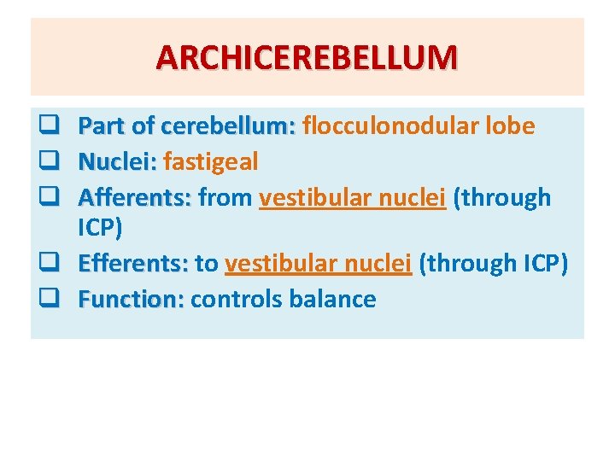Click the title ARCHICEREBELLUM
click(307, 57)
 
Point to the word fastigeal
click(210, 162)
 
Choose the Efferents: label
click(132, 263)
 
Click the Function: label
click(131, 299)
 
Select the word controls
click(239, 299)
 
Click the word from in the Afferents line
click(224, 197)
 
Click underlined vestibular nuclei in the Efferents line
click(319, 263)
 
